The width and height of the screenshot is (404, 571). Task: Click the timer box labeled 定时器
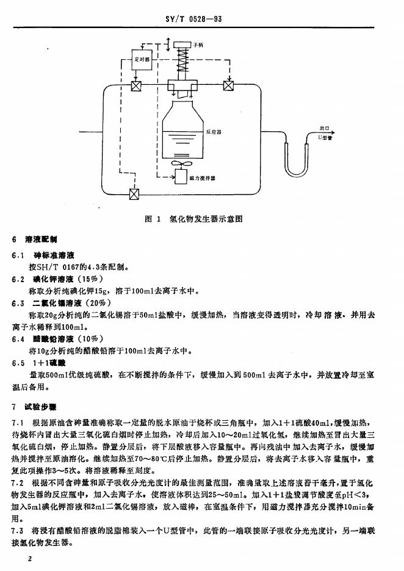pyautogui.click(x=140, y=60)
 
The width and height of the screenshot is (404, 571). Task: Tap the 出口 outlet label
pyautogui.click(x=324, y=129)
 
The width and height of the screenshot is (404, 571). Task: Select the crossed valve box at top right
pyautogui.click(x=229, y=85)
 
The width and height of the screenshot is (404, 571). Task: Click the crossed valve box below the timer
pyautogui.click(x=137, y=85)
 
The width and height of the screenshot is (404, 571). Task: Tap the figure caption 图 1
pyautogui.click(x=151, y=219)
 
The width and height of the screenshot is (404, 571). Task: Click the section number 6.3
pyautogui.click(x=18, y=303)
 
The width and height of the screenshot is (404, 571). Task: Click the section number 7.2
pyautogui.click(x=17, y=482)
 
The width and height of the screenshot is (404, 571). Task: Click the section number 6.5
pyautogui.click(x=18, y=362)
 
